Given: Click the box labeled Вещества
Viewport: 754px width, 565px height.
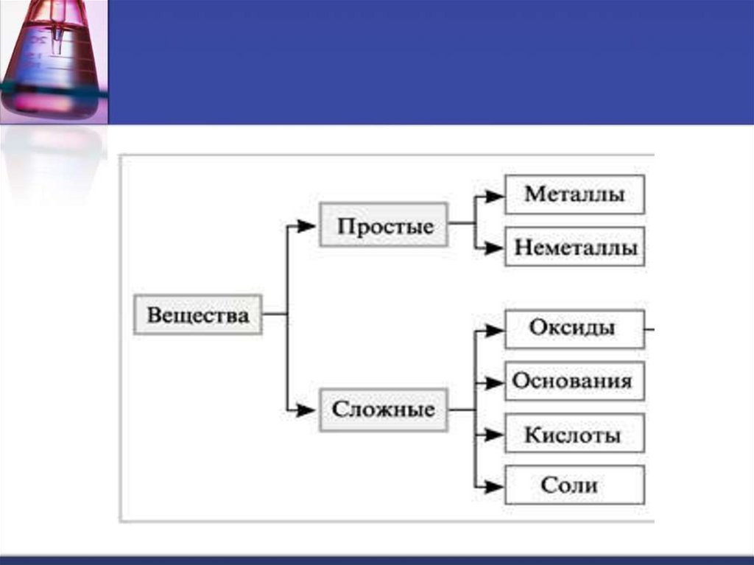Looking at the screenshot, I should [197, 315].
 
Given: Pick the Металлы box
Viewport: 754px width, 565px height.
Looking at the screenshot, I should [574, 194].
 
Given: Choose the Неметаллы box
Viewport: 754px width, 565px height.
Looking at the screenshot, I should [574, 247].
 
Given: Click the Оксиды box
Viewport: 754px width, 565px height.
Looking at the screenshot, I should [574, 328].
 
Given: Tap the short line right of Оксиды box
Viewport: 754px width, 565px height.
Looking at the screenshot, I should [649, 329].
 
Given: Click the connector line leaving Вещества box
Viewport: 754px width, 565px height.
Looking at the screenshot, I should [274, 315].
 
